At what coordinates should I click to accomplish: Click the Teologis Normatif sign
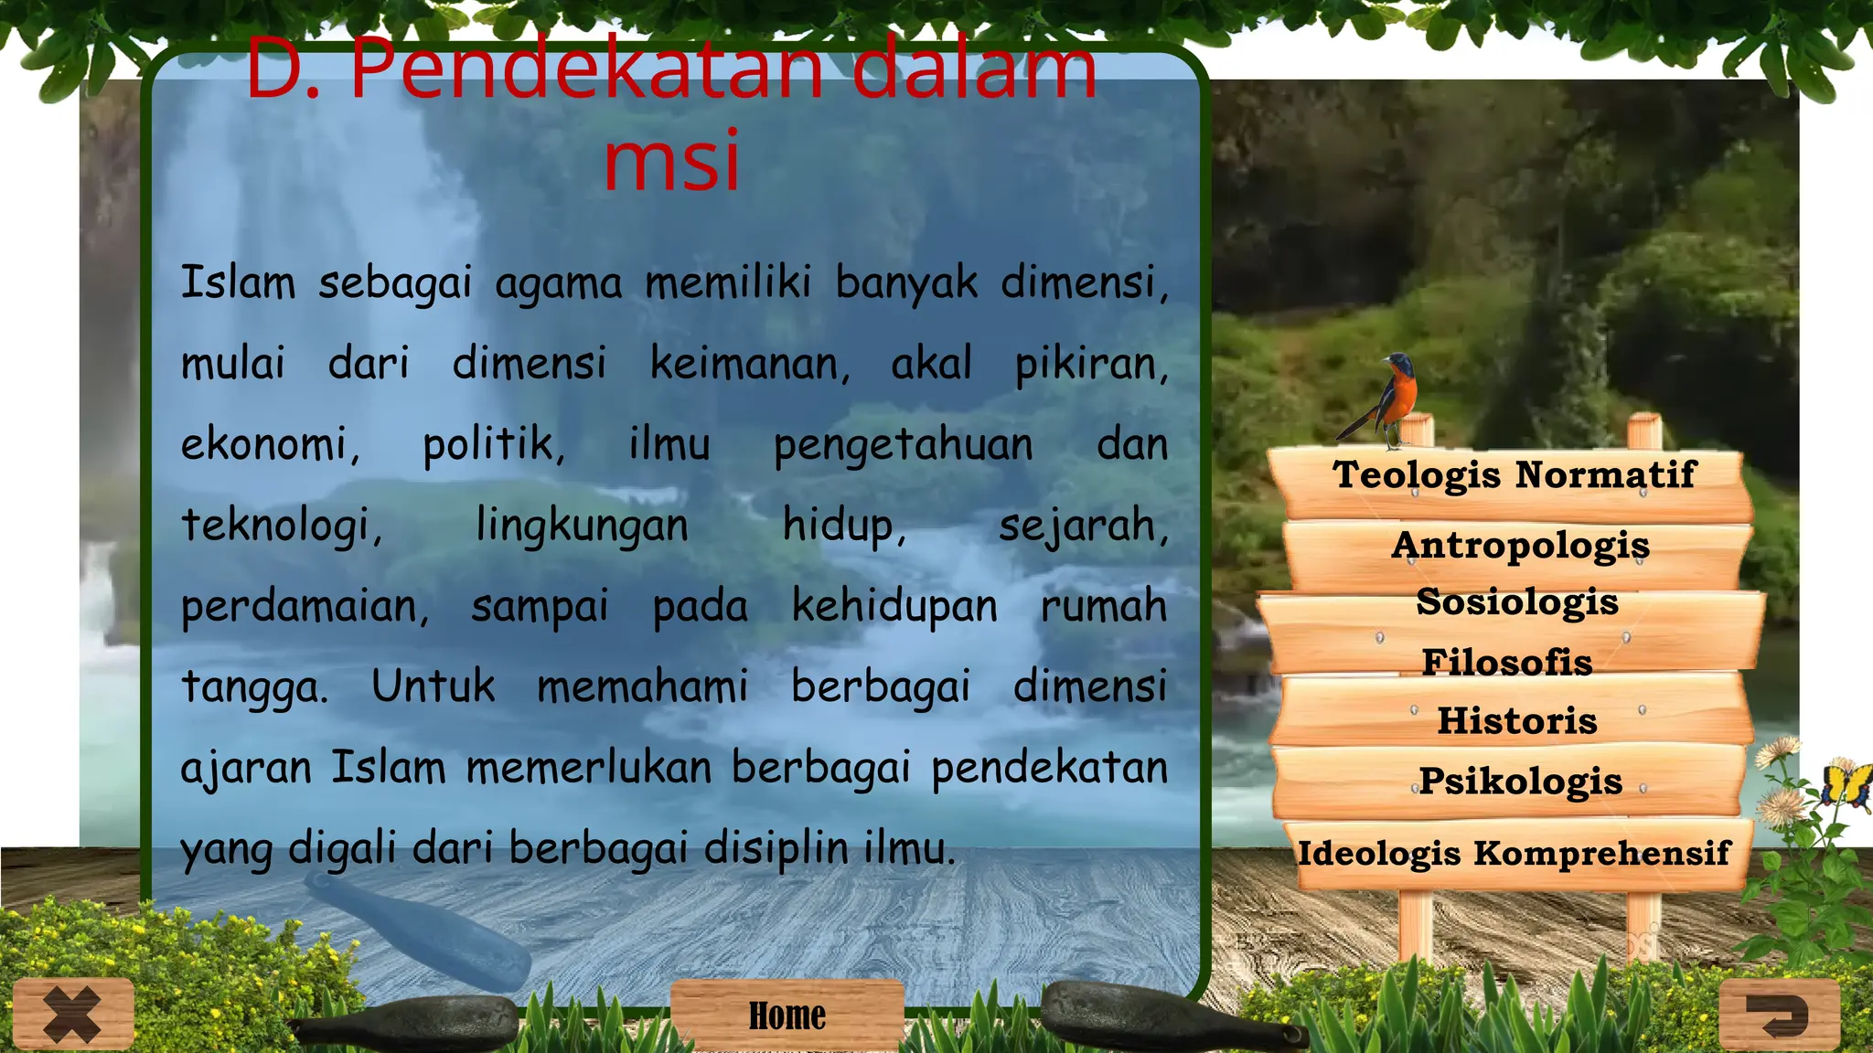point(1514,475)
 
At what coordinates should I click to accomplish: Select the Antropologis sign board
point(1520,546)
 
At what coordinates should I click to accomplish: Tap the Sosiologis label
point(1517,602)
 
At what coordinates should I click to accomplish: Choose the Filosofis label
point(1507,662)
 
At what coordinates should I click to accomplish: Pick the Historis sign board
point(1516,721)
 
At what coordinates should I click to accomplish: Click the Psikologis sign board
point(1520,782)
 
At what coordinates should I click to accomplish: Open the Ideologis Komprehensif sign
point(1514,854)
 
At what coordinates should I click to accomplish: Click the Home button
point(787,1016)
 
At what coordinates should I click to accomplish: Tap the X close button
point(73,1014)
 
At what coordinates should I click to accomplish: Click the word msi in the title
point(671,161)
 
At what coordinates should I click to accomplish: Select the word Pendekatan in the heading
point(586,69)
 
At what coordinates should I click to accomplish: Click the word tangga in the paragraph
point(253,687)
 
